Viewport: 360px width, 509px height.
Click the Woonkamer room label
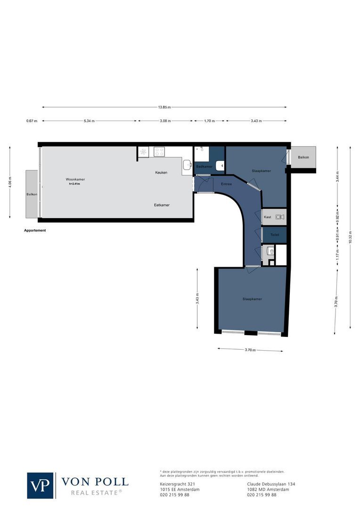(75, 180)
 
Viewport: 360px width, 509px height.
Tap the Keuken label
(161, 173)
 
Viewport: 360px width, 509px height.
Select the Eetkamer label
(162, 205)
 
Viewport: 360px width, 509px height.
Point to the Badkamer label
(205, 167)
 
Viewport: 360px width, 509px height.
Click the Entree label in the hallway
(226, 184)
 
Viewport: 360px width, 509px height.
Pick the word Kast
(268, 217)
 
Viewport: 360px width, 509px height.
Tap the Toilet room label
(275, 234)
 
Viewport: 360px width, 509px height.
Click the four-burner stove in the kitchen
(159, 152)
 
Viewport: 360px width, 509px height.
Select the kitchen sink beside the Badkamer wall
(187, 165)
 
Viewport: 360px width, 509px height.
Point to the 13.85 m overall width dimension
(164, 107)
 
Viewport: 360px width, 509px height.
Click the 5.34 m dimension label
(89, 121)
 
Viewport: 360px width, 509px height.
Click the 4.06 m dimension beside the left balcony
(10, 181)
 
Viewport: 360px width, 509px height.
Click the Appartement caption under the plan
(35, 230)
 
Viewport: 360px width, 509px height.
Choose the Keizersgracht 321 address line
(174, 484)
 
